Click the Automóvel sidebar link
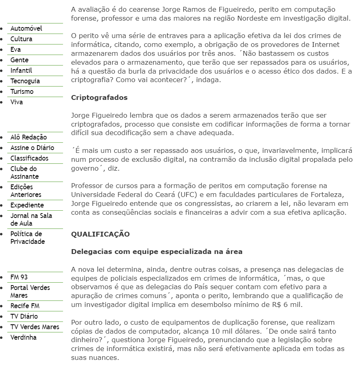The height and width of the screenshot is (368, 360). coord(26,29)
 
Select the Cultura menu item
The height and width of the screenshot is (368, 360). coord(21,39)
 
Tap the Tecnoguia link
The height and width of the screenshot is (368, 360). coord(25,81)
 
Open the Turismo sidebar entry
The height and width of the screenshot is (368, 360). coord(22,92)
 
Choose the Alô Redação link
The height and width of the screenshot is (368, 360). coord(29,137)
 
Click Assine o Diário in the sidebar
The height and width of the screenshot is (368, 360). coord(32,148)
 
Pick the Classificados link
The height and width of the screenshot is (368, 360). coord(29,159)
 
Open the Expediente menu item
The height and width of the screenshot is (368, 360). coord(27,205)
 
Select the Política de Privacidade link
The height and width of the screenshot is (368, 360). coord(27,238)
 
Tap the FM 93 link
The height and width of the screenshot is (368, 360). coord(19,277)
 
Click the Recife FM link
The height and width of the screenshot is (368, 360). coord(25,306)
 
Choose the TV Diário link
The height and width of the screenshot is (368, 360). coord(24,317)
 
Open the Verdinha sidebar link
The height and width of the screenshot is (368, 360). coord(23,338)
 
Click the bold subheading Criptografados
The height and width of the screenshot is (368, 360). coord(99,98)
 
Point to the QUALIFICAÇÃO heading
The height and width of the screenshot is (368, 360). coord(100,234)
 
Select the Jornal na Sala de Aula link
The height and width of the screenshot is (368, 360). coord(31,220)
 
